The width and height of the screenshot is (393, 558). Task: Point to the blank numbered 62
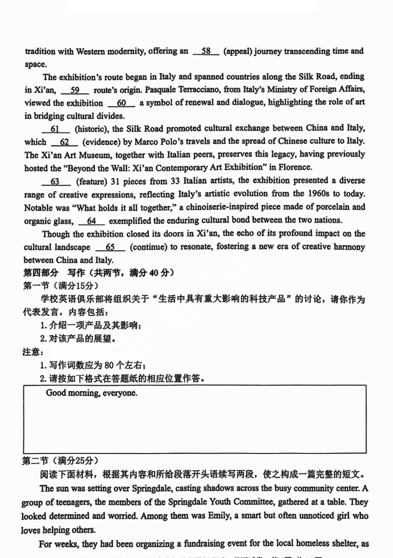click(x=64, y=142)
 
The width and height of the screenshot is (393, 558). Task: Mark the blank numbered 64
click(x=91, y=221)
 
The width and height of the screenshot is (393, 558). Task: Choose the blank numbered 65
click(x=110, y=247)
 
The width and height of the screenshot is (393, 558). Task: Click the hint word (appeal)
click(x=238, y=52)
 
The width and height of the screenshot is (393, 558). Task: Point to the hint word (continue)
click(x=149, y=247)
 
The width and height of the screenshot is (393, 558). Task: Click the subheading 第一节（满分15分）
click(x=60, y=286)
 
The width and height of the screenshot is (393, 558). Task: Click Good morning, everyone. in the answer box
click(x=92, y=393)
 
